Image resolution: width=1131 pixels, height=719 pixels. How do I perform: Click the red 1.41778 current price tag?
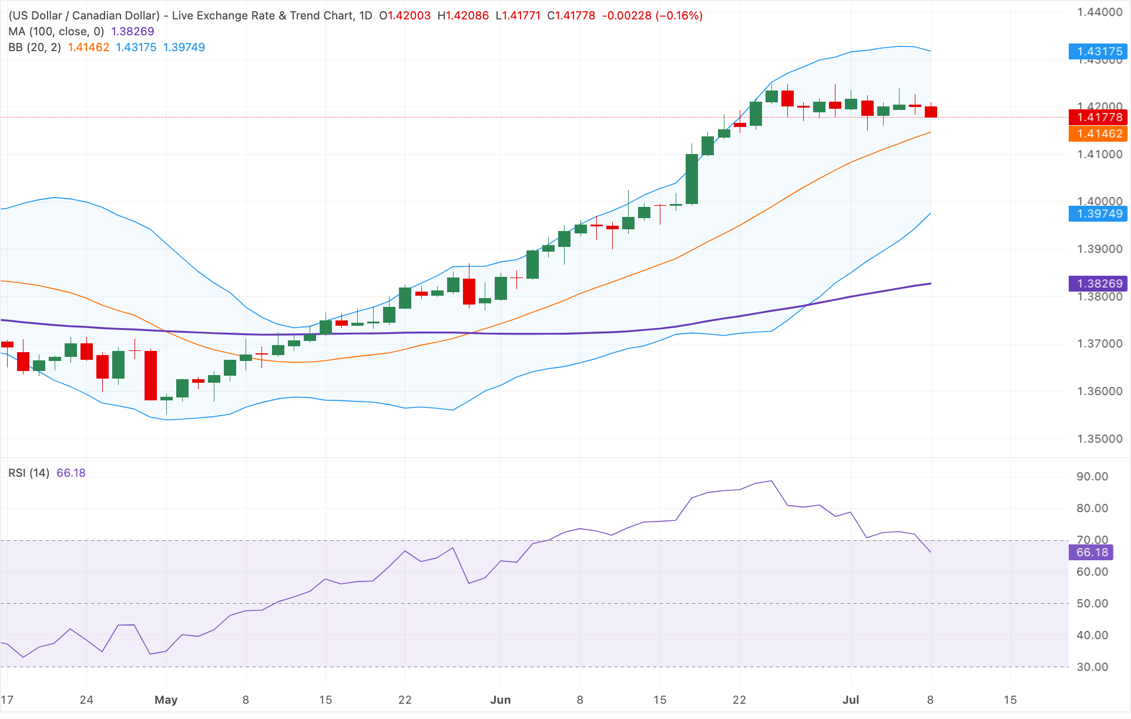pyautogui.click(x=1098, y=117)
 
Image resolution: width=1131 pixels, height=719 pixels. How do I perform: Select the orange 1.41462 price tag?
pyautogui.click(x=1098, y=133)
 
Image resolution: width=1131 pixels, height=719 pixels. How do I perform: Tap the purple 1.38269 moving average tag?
pyautogui.click(x=1098, y=283)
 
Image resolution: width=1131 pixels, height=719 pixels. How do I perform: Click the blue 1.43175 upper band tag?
pyautogui.click(x=1098, y=52)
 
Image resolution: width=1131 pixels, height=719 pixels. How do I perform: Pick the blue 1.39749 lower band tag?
pyautogui.click(x=1098, y=213)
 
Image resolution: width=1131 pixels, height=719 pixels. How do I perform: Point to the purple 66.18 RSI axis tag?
pyautogui.click(x=1091, y=552)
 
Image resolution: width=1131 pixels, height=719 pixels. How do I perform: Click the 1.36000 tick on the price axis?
pyautogui.click(x=1099, y=391)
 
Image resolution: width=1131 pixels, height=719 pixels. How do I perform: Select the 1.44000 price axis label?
pyautogui.click(x=1099, y=12)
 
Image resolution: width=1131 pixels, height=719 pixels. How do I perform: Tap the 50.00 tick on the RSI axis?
pyautogui.click(x=1092, y=603)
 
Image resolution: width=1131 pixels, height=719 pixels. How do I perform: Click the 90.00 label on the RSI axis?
pyautogui.click(x=1092, y=476)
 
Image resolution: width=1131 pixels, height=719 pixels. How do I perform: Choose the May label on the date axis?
pyautogui.click(x=166, y=700)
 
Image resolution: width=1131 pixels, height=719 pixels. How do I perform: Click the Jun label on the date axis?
pyautogui.click(x=501, y=700)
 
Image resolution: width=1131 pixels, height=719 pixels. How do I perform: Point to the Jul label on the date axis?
pyautogui.click(x=851, y=700)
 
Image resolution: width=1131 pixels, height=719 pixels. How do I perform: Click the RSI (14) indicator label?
pyautogui.click(x=29, y=473)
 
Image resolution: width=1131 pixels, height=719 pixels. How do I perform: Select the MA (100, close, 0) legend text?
pyautogui.click(x=56, y=31)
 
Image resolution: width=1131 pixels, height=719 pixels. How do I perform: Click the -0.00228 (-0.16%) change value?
pyautogui.click(x=652, y=15)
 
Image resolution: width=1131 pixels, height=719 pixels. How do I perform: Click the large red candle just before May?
pyautogui.click(x=150, y=375)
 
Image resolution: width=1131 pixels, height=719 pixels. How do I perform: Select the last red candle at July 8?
pyautogui.click(x=931, y=111)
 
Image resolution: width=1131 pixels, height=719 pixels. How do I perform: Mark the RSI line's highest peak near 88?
pyautogui.click(x=771, y=481)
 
